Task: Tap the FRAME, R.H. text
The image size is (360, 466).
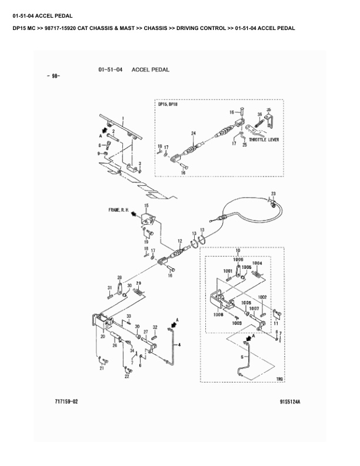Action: click(x=119, y=209)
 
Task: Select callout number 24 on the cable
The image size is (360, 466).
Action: click(x=193, y=134)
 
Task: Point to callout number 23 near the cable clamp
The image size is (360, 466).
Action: click(x=273, y=194)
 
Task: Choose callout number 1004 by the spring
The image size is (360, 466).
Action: click(x=257, y=263)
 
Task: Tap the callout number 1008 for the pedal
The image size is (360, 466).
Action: click(x=218, y=315)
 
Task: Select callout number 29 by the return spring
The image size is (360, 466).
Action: click(x=139, y=284)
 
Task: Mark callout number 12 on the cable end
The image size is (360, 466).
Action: click(x=180, y=242)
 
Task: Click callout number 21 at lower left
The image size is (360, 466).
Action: click(x=102, y=369)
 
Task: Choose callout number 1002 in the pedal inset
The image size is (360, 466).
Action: click(x=262, y=298)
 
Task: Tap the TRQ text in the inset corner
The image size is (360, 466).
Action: click(x=279, y=380)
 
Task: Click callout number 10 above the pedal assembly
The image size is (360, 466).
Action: click(x=238, y=251)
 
